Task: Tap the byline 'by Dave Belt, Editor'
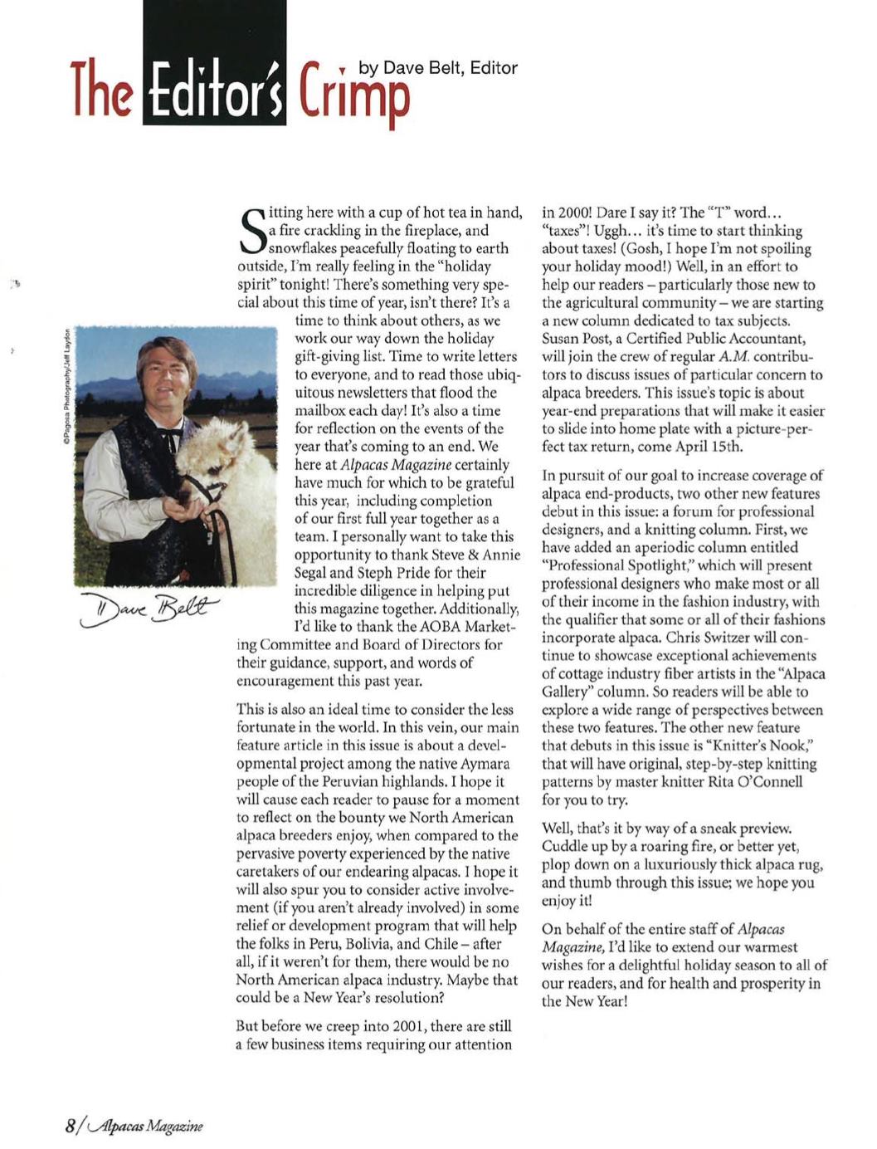[438, 68]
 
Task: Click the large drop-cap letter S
[251, 230]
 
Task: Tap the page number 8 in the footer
[71, 1126]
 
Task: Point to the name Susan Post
[578, 339]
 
